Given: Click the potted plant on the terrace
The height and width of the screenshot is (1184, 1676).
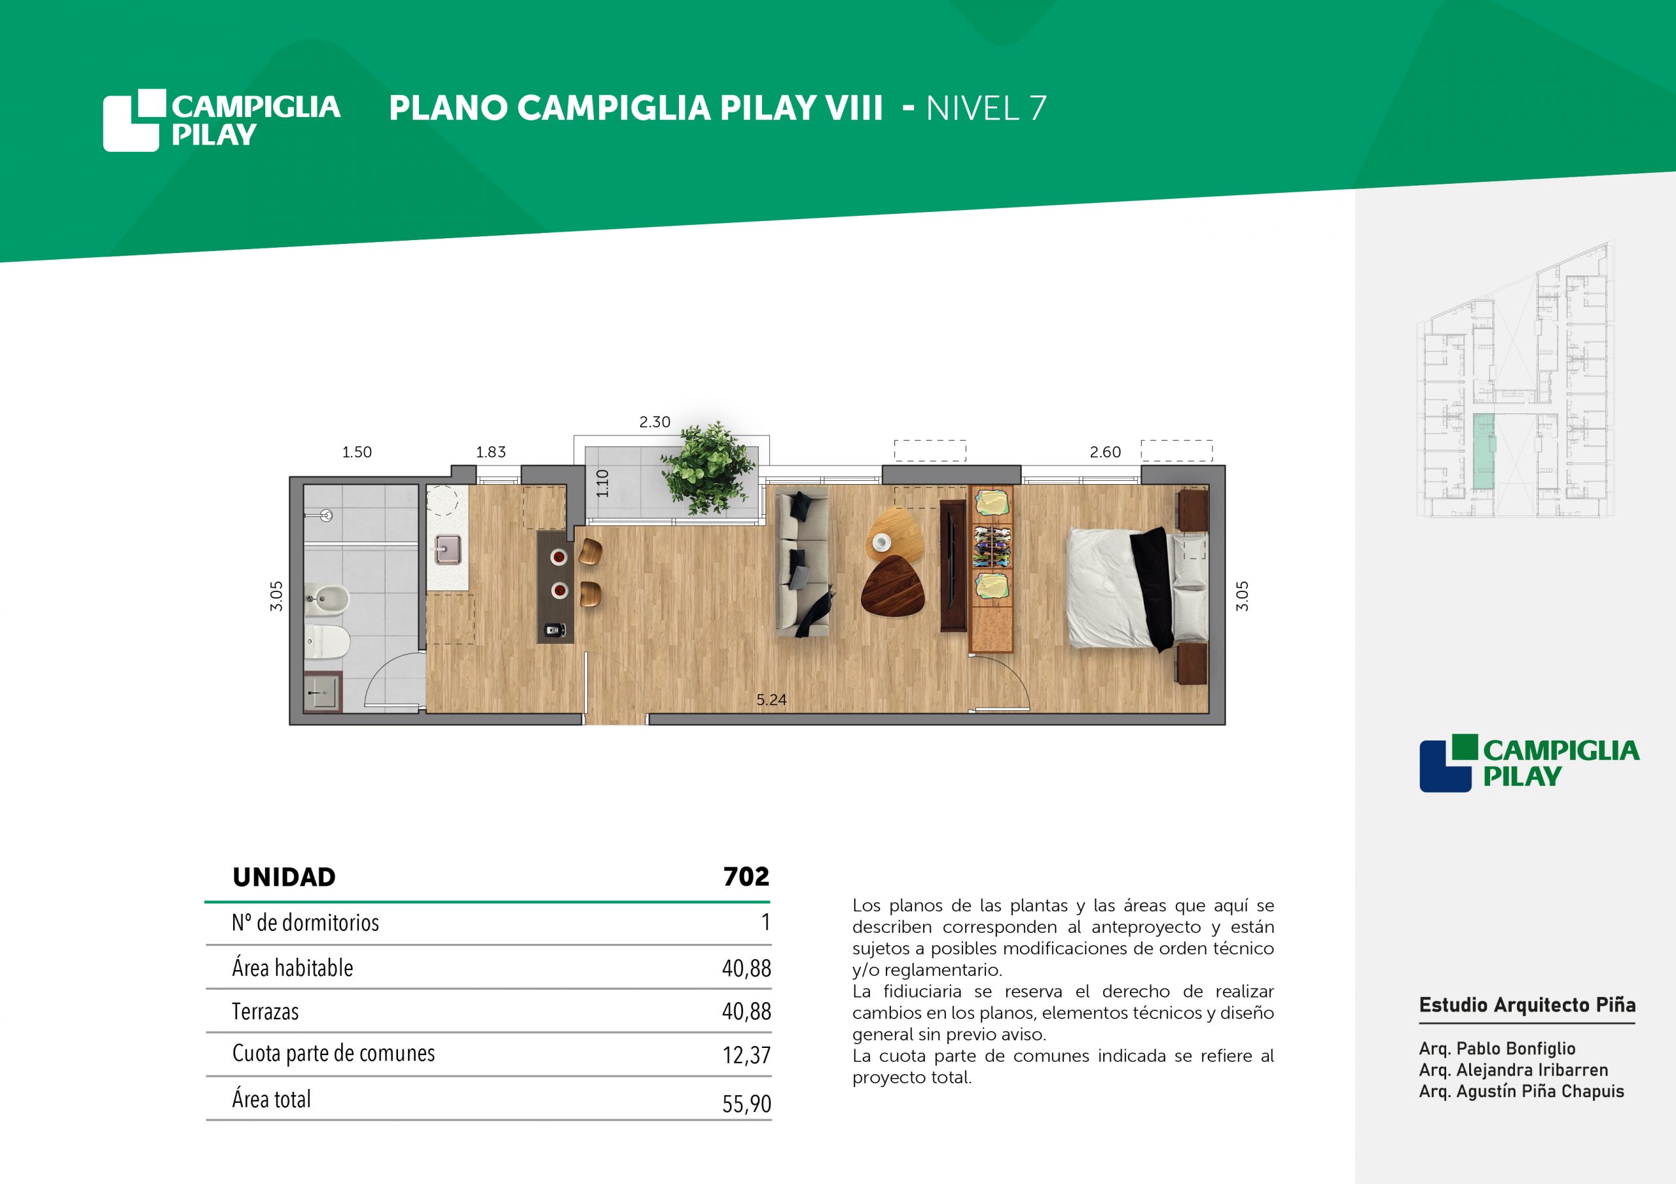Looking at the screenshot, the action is [707, 468].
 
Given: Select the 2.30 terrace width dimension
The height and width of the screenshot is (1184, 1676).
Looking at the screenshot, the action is [654, 422].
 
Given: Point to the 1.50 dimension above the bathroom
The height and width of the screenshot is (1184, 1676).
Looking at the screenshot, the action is [357, 451].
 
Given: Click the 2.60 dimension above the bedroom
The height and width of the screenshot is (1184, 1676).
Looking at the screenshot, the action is [1104, 451].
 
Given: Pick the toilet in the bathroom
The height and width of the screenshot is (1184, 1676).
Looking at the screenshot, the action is [327, 640].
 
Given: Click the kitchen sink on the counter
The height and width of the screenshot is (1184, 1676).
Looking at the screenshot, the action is [447, 549].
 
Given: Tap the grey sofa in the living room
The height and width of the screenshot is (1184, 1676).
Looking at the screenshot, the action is [802, 563].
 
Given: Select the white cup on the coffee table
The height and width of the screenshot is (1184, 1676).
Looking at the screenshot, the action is [882, 542].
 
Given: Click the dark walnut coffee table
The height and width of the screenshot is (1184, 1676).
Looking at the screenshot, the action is [892, 586].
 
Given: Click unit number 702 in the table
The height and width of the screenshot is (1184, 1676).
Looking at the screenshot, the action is [746, 876].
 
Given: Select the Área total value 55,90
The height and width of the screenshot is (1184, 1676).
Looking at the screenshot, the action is [746, 1104].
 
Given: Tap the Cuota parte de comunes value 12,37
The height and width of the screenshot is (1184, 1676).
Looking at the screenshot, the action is [746, 1055].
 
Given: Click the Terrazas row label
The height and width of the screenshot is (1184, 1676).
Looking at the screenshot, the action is [265, 1012].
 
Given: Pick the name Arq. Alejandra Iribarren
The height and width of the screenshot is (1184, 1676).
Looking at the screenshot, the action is [1513, 1070].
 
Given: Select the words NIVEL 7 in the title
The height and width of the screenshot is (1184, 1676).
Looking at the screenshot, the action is [986, 109].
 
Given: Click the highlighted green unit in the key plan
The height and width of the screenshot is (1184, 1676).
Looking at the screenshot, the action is [1484, 451].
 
